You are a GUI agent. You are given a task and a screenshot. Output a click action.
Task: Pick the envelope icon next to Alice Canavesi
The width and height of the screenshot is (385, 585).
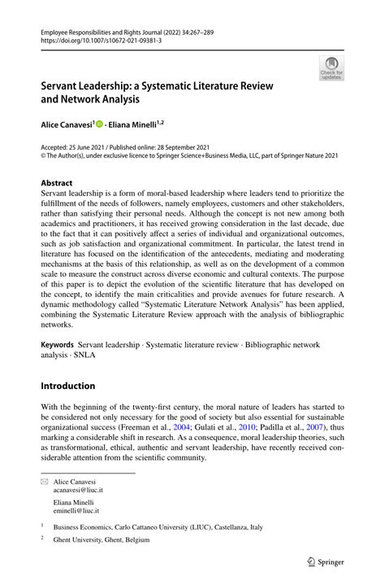[45, 482]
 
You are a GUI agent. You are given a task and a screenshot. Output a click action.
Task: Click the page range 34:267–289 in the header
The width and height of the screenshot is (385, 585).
[198, 28]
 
